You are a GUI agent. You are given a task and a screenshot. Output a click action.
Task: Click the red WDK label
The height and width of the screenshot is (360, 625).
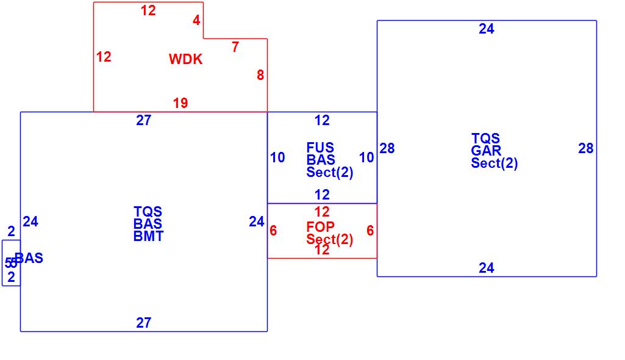[x=185, y=59]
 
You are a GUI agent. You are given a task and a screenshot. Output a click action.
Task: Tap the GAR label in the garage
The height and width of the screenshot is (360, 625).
[x=486, y=151]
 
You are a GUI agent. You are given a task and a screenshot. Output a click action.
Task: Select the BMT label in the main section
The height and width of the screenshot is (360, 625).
[x=148, y=236]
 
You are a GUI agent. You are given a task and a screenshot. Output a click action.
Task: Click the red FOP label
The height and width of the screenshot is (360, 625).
[x=320, y=227]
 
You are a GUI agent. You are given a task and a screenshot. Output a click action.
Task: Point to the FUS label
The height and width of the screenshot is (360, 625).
[x=320, y=148]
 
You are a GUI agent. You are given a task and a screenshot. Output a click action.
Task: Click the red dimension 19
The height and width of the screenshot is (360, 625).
[x=180, y=103]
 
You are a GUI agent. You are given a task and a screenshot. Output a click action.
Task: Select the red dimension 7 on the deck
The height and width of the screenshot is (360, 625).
[x=235, y=47]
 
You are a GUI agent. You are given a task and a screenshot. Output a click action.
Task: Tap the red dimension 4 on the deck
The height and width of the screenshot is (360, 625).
[x=196, y=20]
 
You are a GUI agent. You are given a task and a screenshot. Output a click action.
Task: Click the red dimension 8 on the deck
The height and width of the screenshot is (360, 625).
[x=260, y=75]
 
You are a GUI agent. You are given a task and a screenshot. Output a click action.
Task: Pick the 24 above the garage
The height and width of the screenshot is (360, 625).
[x=487, y=29]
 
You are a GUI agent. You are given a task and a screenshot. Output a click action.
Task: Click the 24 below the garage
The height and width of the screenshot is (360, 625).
[x=487, y=268]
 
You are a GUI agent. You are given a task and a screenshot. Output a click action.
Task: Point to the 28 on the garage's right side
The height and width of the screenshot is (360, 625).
[x=586, y=148]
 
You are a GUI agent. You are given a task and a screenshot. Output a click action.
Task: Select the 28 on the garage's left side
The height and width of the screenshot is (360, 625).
[x=387, y=148]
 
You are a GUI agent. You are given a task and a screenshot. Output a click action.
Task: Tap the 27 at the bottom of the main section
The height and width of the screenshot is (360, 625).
[x=143, y=323]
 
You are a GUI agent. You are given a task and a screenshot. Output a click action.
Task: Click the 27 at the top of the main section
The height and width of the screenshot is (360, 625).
[x=143, y=120]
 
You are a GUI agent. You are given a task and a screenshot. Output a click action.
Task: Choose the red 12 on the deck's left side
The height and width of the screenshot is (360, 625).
[x=104, y=57]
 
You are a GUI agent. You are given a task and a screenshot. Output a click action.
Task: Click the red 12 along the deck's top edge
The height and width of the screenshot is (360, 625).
[x=148, y=10]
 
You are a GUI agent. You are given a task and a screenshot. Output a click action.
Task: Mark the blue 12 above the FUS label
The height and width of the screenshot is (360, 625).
[x=322, y=120]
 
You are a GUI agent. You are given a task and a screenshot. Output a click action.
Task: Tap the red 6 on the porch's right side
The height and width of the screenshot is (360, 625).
[x=370, y=231]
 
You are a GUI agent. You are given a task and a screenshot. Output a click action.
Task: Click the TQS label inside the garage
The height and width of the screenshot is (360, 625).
[x=485, y=139]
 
